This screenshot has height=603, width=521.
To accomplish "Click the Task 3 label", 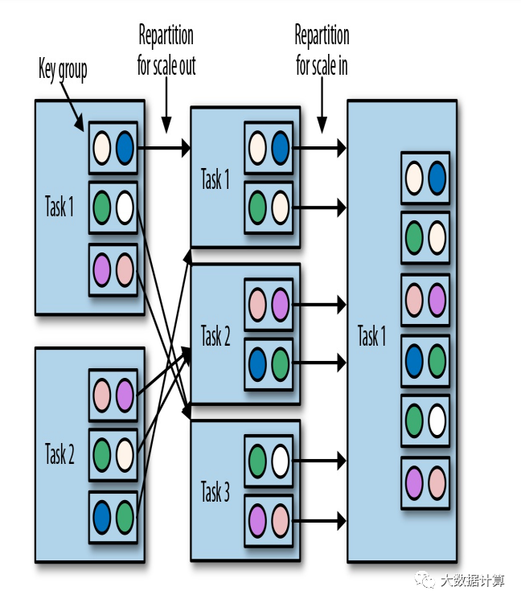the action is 215,491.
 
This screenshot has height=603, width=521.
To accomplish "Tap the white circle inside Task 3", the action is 280,461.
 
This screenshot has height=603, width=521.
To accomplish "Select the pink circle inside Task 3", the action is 280,521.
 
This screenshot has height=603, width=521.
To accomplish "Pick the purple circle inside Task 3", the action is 257,521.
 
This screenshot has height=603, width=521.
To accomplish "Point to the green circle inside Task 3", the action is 257,461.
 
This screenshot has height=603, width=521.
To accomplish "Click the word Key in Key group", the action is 47,69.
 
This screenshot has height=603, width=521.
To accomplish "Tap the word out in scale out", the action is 187,66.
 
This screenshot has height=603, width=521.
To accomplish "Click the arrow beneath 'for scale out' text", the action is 166,105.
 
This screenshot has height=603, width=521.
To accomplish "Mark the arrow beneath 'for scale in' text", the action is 322,105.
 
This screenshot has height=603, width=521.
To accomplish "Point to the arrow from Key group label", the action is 72,106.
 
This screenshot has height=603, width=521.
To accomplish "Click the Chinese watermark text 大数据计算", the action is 473,580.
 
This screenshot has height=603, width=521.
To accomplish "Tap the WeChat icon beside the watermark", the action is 425,580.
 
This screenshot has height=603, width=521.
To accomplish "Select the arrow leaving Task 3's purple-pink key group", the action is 319,521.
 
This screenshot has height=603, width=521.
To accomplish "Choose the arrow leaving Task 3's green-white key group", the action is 319,461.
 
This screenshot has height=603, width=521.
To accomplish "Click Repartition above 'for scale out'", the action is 166,35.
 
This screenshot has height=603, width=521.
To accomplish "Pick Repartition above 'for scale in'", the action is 322,35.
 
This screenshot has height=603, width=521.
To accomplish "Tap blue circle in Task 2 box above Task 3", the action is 257,363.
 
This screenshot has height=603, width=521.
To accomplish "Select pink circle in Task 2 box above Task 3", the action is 257,305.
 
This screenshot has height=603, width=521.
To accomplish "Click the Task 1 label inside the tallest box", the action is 371,336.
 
